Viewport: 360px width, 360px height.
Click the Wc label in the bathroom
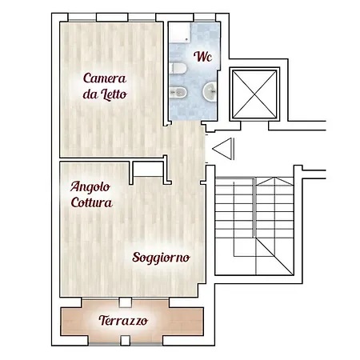click(202, 56)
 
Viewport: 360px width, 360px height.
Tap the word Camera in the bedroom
click(105, 78)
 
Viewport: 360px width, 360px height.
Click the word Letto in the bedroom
click(114, 94)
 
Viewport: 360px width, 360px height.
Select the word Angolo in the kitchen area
click(90, 187)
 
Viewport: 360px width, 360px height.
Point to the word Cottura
click(92, 202)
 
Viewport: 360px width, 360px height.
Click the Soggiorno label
click(161, 258)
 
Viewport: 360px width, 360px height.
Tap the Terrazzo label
click(123, 320)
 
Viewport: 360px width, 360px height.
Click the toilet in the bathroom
click(178, 68)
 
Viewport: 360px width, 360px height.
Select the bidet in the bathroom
click(178, 92)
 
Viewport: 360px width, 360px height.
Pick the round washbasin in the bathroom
click(210, 91)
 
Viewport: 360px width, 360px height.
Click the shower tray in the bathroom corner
click(180, 32)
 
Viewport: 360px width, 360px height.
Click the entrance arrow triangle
click(222, 149)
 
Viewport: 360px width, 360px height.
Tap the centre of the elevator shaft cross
click(254, 94)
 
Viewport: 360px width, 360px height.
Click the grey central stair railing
click(254, 207)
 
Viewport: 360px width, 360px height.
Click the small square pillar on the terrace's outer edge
click(125, 341)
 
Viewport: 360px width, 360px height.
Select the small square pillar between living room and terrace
click(125, 302)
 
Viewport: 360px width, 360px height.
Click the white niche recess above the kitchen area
click(148, 169)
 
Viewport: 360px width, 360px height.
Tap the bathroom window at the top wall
click(205, 18)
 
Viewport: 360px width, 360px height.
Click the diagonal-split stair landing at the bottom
click(274, 256)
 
